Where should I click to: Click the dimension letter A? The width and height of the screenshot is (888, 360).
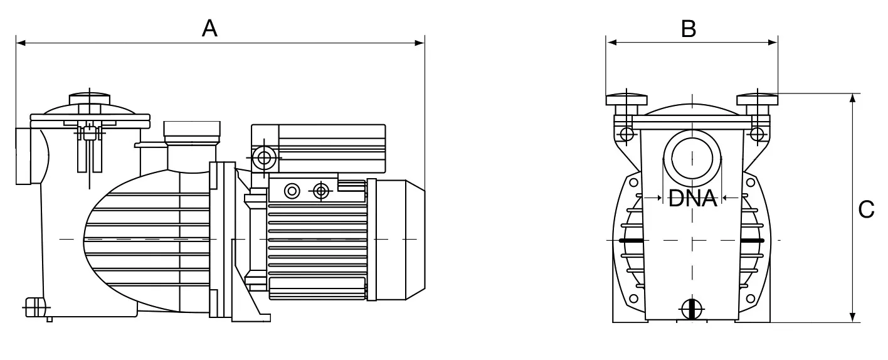tap(209, 29)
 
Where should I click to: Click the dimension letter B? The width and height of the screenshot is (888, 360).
tap(689, 29)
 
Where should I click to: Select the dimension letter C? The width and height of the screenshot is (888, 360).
tap(866, 209)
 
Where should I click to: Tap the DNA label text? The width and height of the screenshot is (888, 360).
tap(692, 198)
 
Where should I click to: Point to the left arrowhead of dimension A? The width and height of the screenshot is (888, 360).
tap(21, 43)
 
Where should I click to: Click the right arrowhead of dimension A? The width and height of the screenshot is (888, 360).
tap(420, 43)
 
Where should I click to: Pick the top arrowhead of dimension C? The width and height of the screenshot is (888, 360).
tap(853, 98)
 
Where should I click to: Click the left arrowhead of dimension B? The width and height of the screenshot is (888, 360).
tap(611, 43)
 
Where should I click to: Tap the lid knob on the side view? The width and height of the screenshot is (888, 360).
tap(90, 99)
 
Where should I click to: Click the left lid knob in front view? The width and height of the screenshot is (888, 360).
tap(626, 100)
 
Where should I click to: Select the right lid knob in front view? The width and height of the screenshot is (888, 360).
tap(757, 100)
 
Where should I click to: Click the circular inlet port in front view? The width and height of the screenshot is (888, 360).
tap(692, 159)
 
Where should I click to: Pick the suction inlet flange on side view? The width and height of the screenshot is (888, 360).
tap(23, 156)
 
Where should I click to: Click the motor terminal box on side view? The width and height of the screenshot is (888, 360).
tap(319, 149)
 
